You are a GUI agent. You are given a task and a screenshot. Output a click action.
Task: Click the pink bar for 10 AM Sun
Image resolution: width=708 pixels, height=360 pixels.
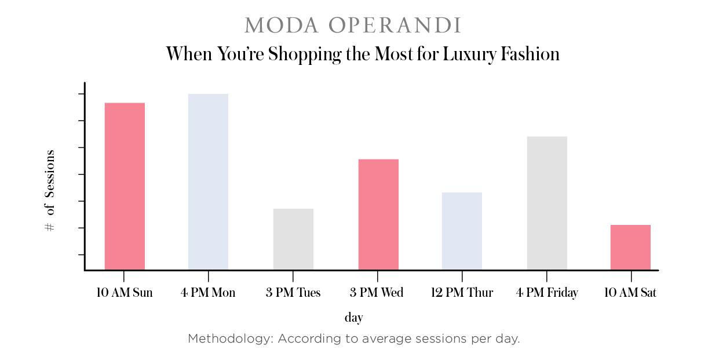125,186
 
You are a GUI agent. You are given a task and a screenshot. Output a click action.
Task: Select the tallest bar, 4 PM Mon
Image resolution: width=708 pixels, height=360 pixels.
208,181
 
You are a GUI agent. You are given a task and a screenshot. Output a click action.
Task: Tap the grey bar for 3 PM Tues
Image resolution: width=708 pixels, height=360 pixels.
293,239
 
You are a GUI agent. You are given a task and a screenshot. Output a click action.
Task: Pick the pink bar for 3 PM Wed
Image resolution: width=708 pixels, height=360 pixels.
378,214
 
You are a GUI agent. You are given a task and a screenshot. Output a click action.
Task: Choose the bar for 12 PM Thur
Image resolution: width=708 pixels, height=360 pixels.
462,231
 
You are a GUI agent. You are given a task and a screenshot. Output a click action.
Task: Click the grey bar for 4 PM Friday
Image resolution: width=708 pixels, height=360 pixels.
547,203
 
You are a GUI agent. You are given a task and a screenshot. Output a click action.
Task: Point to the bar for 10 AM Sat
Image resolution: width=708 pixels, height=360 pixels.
630,247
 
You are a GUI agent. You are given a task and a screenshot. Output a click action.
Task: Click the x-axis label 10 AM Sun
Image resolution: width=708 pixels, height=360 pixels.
124,292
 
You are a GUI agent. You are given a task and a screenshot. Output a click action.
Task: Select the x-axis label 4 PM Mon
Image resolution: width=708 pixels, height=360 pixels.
208,292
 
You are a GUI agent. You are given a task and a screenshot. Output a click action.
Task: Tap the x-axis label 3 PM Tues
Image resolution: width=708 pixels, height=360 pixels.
293,292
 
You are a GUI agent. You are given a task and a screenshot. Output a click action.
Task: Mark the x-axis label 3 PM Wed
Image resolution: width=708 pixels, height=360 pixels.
377,292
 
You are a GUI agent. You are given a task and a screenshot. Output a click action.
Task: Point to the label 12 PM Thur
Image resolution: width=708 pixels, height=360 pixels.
462,292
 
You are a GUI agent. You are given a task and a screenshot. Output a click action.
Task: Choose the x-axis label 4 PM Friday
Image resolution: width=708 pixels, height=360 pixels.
547,293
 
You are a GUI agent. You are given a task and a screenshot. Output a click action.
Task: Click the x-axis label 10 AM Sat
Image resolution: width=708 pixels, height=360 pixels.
630,292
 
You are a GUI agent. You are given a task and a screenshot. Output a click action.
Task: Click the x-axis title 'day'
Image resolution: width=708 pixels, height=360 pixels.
353,318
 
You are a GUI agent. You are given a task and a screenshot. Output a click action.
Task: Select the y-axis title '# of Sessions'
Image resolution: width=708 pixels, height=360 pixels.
50,191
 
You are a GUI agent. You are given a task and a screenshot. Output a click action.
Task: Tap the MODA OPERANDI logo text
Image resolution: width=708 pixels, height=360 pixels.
353,25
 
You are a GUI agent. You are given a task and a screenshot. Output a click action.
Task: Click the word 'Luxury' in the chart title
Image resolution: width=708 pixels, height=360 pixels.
469,54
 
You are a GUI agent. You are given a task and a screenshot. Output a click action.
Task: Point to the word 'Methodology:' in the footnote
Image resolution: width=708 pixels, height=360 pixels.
231,339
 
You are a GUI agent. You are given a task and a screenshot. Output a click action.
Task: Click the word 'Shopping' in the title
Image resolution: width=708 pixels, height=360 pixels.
305,54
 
